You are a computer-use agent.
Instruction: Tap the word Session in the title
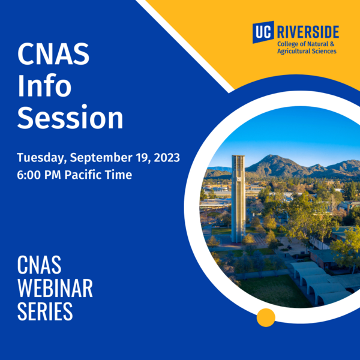[x=70, y=118]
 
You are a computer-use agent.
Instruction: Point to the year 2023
[x=164, y=159]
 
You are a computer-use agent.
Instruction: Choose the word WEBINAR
[x=55, y=288]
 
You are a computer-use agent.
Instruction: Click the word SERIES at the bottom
[x=45, y=312]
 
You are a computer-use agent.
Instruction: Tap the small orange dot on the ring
[x=266, y=317]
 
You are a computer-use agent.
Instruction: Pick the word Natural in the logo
[x=316, y=44]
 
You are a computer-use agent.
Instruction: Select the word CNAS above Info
[x=53, y=55]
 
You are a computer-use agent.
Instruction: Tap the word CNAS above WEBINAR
[x=40, y=264]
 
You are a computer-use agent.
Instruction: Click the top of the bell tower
[x=238, y=157]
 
